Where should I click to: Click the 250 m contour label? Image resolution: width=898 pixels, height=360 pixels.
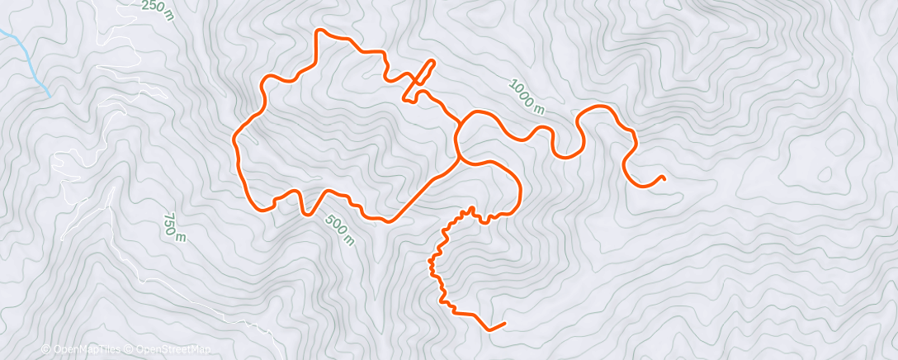coord(158,8)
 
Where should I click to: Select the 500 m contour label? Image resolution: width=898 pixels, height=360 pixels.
coord(339,230)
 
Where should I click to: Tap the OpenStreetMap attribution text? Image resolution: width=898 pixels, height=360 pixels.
coord(168,350)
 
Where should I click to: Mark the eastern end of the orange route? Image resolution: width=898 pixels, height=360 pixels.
coord(664,178)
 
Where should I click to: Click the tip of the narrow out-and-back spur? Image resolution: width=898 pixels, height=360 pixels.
coord(430,62)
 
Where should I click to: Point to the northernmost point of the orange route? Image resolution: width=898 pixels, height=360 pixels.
coord(320,31)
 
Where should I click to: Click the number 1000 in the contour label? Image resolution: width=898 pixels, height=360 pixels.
coord(522,92)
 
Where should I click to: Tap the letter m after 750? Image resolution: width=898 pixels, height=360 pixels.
coord(178,236)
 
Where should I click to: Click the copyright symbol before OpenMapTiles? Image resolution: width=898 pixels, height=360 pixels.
coord(45,350)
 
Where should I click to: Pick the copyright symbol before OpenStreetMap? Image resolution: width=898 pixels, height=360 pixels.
coord(130,350)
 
